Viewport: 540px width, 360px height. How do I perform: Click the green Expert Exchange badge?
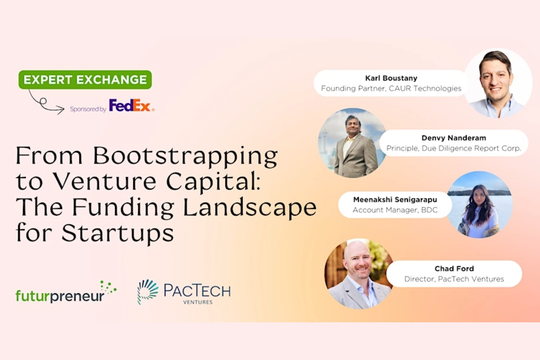[85, 80]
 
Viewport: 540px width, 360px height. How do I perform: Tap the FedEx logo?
[131, 106]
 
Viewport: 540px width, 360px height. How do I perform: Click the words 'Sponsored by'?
[88, 109]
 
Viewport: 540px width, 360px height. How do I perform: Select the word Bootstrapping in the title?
[185, 156]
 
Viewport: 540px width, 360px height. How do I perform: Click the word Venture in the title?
[105, 182]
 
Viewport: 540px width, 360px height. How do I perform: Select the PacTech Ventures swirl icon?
[148, 291]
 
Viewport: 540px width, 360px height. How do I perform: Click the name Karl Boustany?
[391, 78]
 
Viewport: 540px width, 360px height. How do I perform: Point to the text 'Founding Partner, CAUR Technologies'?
[391, 88]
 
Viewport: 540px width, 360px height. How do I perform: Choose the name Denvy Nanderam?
[454, 138]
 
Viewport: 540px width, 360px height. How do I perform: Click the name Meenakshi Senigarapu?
[395, 199]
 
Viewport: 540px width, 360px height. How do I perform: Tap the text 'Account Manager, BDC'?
[395, 210]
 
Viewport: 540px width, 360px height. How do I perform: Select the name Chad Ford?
[454, 268]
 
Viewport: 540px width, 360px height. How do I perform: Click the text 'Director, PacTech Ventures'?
[454, 279]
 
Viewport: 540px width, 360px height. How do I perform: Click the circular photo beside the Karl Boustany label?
[498, 83]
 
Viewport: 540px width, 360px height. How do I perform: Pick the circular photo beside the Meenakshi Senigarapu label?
[479, 205]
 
